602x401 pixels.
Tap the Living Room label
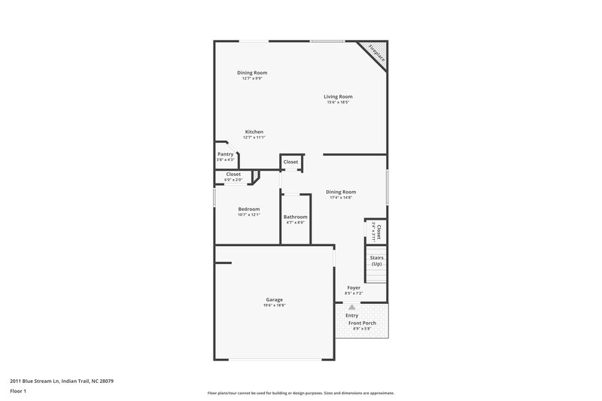coord(338,96)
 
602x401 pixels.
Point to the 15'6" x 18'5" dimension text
coord(338,102)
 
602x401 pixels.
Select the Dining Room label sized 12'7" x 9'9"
coord(252,72)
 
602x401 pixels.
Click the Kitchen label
coord(254,132)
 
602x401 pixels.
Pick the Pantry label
coord(226,153)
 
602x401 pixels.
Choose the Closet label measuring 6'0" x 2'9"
coord(233,174)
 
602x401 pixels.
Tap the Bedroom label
coord(249,208)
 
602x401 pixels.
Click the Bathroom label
coord(295,217)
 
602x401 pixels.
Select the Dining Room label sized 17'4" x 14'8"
coord(341,191)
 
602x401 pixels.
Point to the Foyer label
coord(354,288)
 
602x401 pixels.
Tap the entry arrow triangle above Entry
coord(351,306)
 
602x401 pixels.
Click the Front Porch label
coord(362,323)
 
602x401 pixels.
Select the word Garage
coord(274,299)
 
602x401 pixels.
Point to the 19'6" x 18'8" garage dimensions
coord(274,305)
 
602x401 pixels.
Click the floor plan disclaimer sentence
coord(300,393)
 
